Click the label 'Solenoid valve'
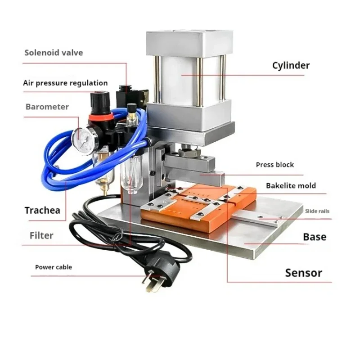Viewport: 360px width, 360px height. [x=54, y=53]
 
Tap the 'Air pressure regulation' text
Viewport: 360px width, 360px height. [x=65, y=83]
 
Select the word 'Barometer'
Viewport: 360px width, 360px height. [x=47, y=107]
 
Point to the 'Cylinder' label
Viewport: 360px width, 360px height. [x=291, y=65]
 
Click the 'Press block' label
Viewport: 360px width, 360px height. [x=274, y=165]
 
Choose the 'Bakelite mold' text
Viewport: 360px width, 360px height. [x=291, y=185]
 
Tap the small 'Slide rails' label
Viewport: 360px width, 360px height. [x=317, y=211]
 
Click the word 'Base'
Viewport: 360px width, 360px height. [x=315, y=237]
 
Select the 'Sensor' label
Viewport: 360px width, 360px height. [x=304, y=273]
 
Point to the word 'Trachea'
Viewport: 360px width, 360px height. [x=42, y=210]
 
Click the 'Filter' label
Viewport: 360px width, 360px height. [x=41, y=235]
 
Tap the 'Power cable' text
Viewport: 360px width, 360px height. [x=54, y=267]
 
